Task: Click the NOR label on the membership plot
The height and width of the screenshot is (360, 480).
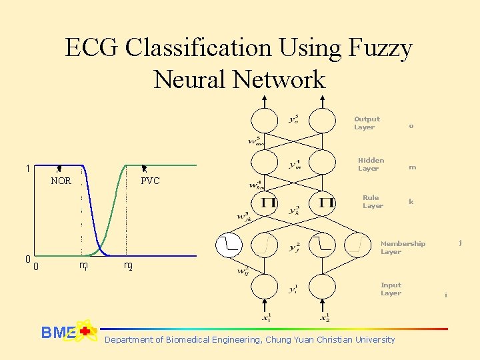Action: click(61, 181)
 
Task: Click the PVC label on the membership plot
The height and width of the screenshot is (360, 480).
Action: click(151, 181)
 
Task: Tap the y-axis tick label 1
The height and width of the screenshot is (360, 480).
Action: click(27, 169)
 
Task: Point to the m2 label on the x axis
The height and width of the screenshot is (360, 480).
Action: click(128, 265)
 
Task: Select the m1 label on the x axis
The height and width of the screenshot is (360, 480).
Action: click(83, 265)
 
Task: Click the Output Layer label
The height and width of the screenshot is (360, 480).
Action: click(366, 123)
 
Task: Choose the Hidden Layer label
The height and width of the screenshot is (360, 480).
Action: click(370, 164)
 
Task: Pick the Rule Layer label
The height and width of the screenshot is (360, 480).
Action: click(372, 201)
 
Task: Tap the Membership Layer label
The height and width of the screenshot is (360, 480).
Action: click(402, 247)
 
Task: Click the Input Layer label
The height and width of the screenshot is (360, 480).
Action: click(391, 289)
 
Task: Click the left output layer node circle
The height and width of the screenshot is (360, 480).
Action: click(265, 121)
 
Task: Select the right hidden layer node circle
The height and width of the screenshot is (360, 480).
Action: click(323, 162)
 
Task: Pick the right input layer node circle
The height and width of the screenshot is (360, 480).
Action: click(323, 287)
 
